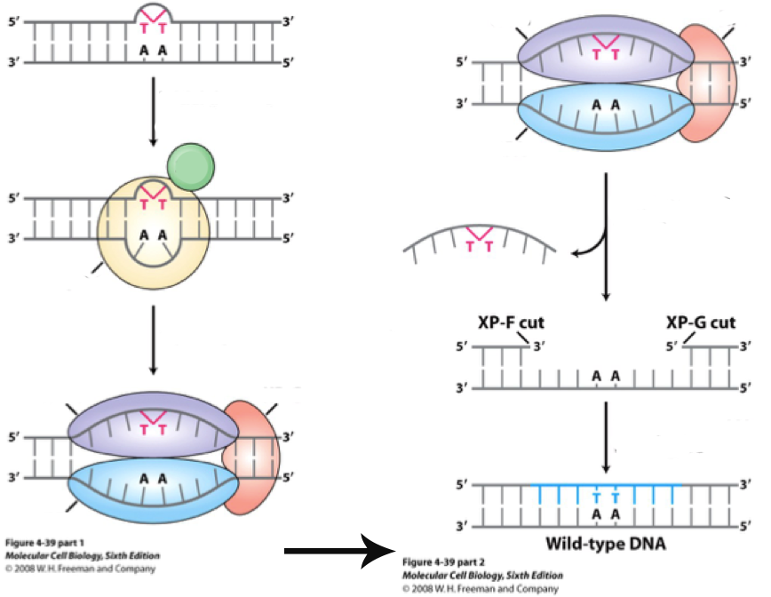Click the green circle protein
click(190, 167)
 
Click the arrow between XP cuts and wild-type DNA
click(606, 435)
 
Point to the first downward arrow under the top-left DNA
click(153, 111)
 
